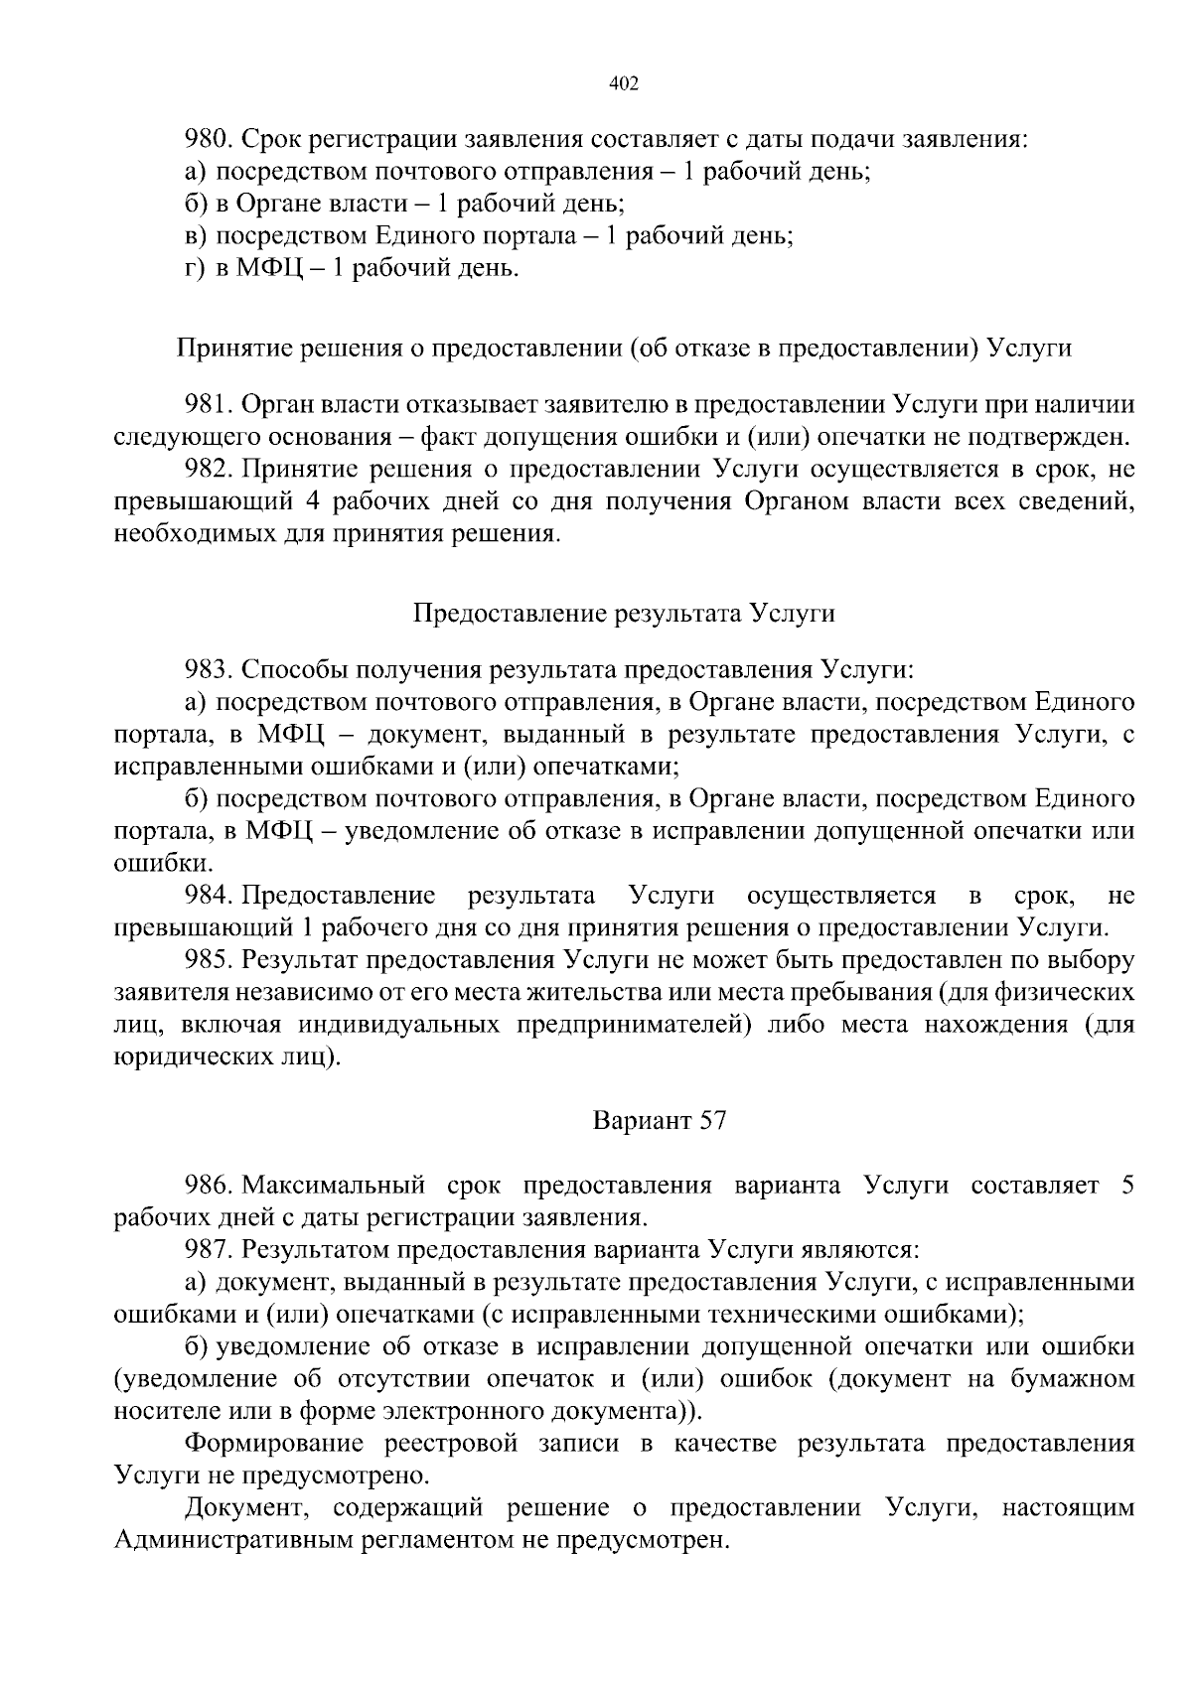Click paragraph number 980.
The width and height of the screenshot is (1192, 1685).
[208, 139]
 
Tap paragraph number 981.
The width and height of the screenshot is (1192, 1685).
[208, 404]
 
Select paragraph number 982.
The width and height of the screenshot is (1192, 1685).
[208, 469]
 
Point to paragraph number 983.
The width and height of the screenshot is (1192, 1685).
[208, 669]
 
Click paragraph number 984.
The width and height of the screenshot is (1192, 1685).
[208, 896]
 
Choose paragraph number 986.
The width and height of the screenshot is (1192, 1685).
[208, 1186]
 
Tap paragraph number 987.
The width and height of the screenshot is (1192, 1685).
[208, 1249]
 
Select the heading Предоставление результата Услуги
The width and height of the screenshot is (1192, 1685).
[624, 613]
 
